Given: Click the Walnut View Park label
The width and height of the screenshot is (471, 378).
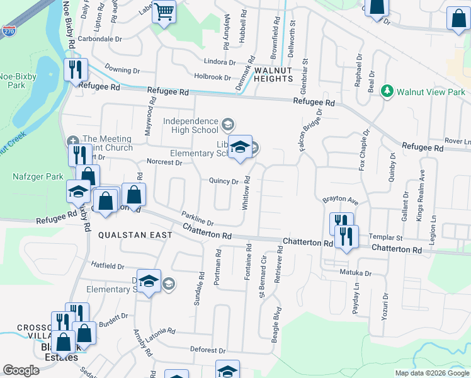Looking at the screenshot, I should point(431,92).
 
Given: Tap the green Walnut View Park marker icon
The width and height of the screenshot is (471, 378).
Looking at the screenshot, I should point(388,92).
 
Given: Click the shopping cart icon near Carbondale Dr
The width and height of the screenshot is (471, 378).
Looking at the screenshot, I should point(164,11).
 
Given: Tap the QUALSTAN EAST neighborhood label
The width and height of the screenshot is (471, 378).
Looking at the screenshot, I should point(135,235).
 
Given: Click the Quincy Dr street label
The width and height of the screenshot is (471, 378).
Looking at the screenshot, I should point(225,181).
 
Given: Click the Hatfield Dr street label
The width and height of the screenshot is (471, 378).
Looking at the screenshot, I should point(108,265).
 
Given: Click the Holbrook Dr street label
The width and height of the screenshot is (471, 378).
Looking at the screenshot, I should point(213,77).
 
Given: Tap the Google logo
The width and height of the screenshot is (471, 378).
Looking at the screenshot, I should point(21,371).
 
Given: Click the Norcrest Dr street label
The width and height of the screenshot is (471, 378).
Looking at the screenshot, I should point(164,162).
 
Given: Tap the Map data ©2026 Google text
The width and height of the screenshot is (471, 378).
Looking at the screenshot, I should point(431,373).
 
